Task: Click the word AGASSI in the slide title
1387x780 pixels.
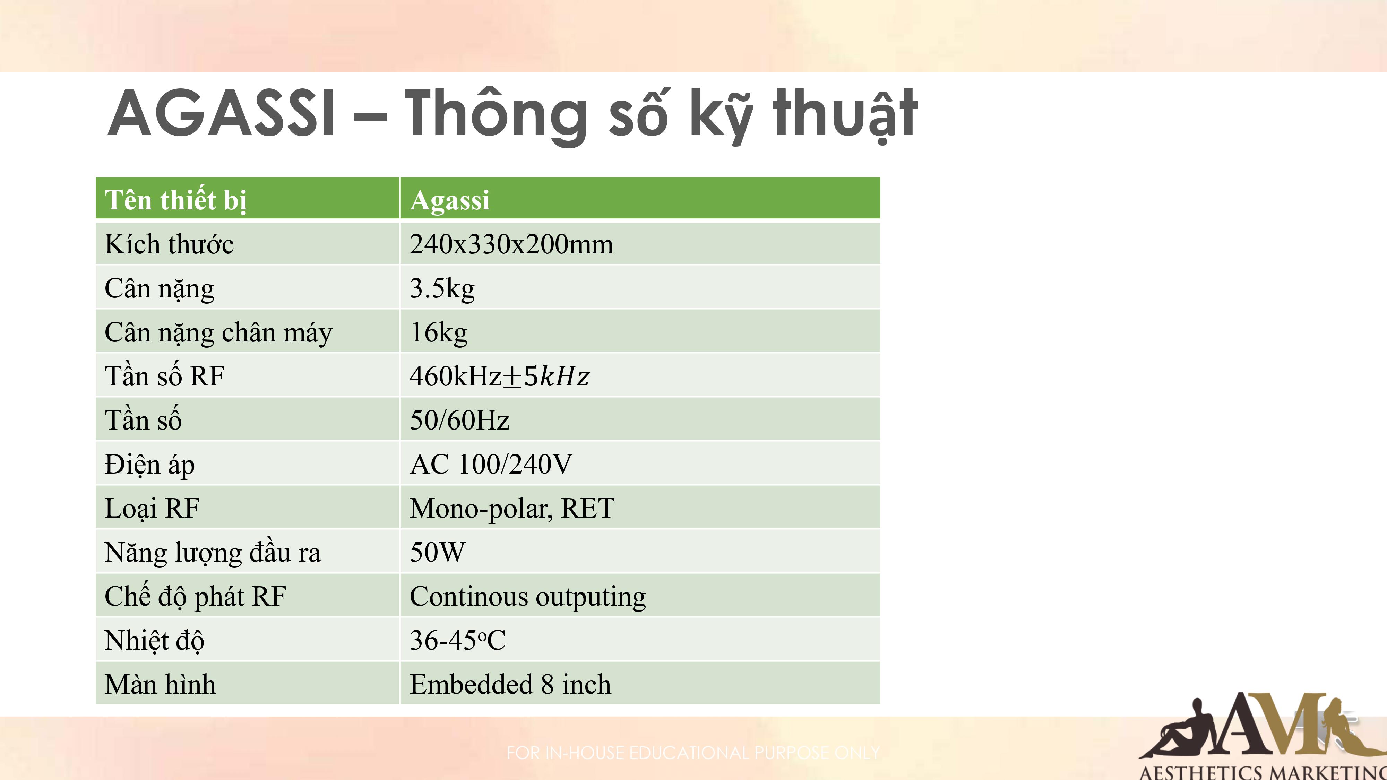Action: tap(222, 114)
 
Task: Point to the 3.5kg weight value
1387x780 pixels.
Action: tap(442, 288)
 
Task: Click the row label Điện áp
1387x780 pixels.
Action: tap(150, 464)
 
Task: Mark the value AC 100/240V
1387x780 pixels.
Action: tap(491, 464)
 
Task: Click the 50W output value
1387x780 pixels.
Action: tap(437, 552)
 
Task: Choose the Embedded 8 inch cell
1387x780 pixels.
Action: tap(510, 685)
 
